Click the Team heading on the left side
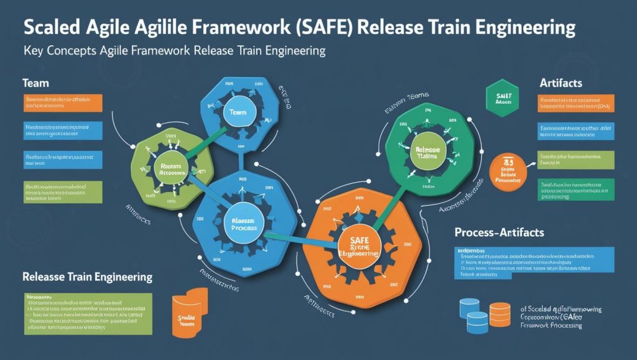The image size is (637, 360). [35, 83]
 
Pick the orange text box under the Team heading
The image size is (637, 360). [63, 103]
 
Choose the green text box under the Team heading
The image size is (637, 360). [63, 192]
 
